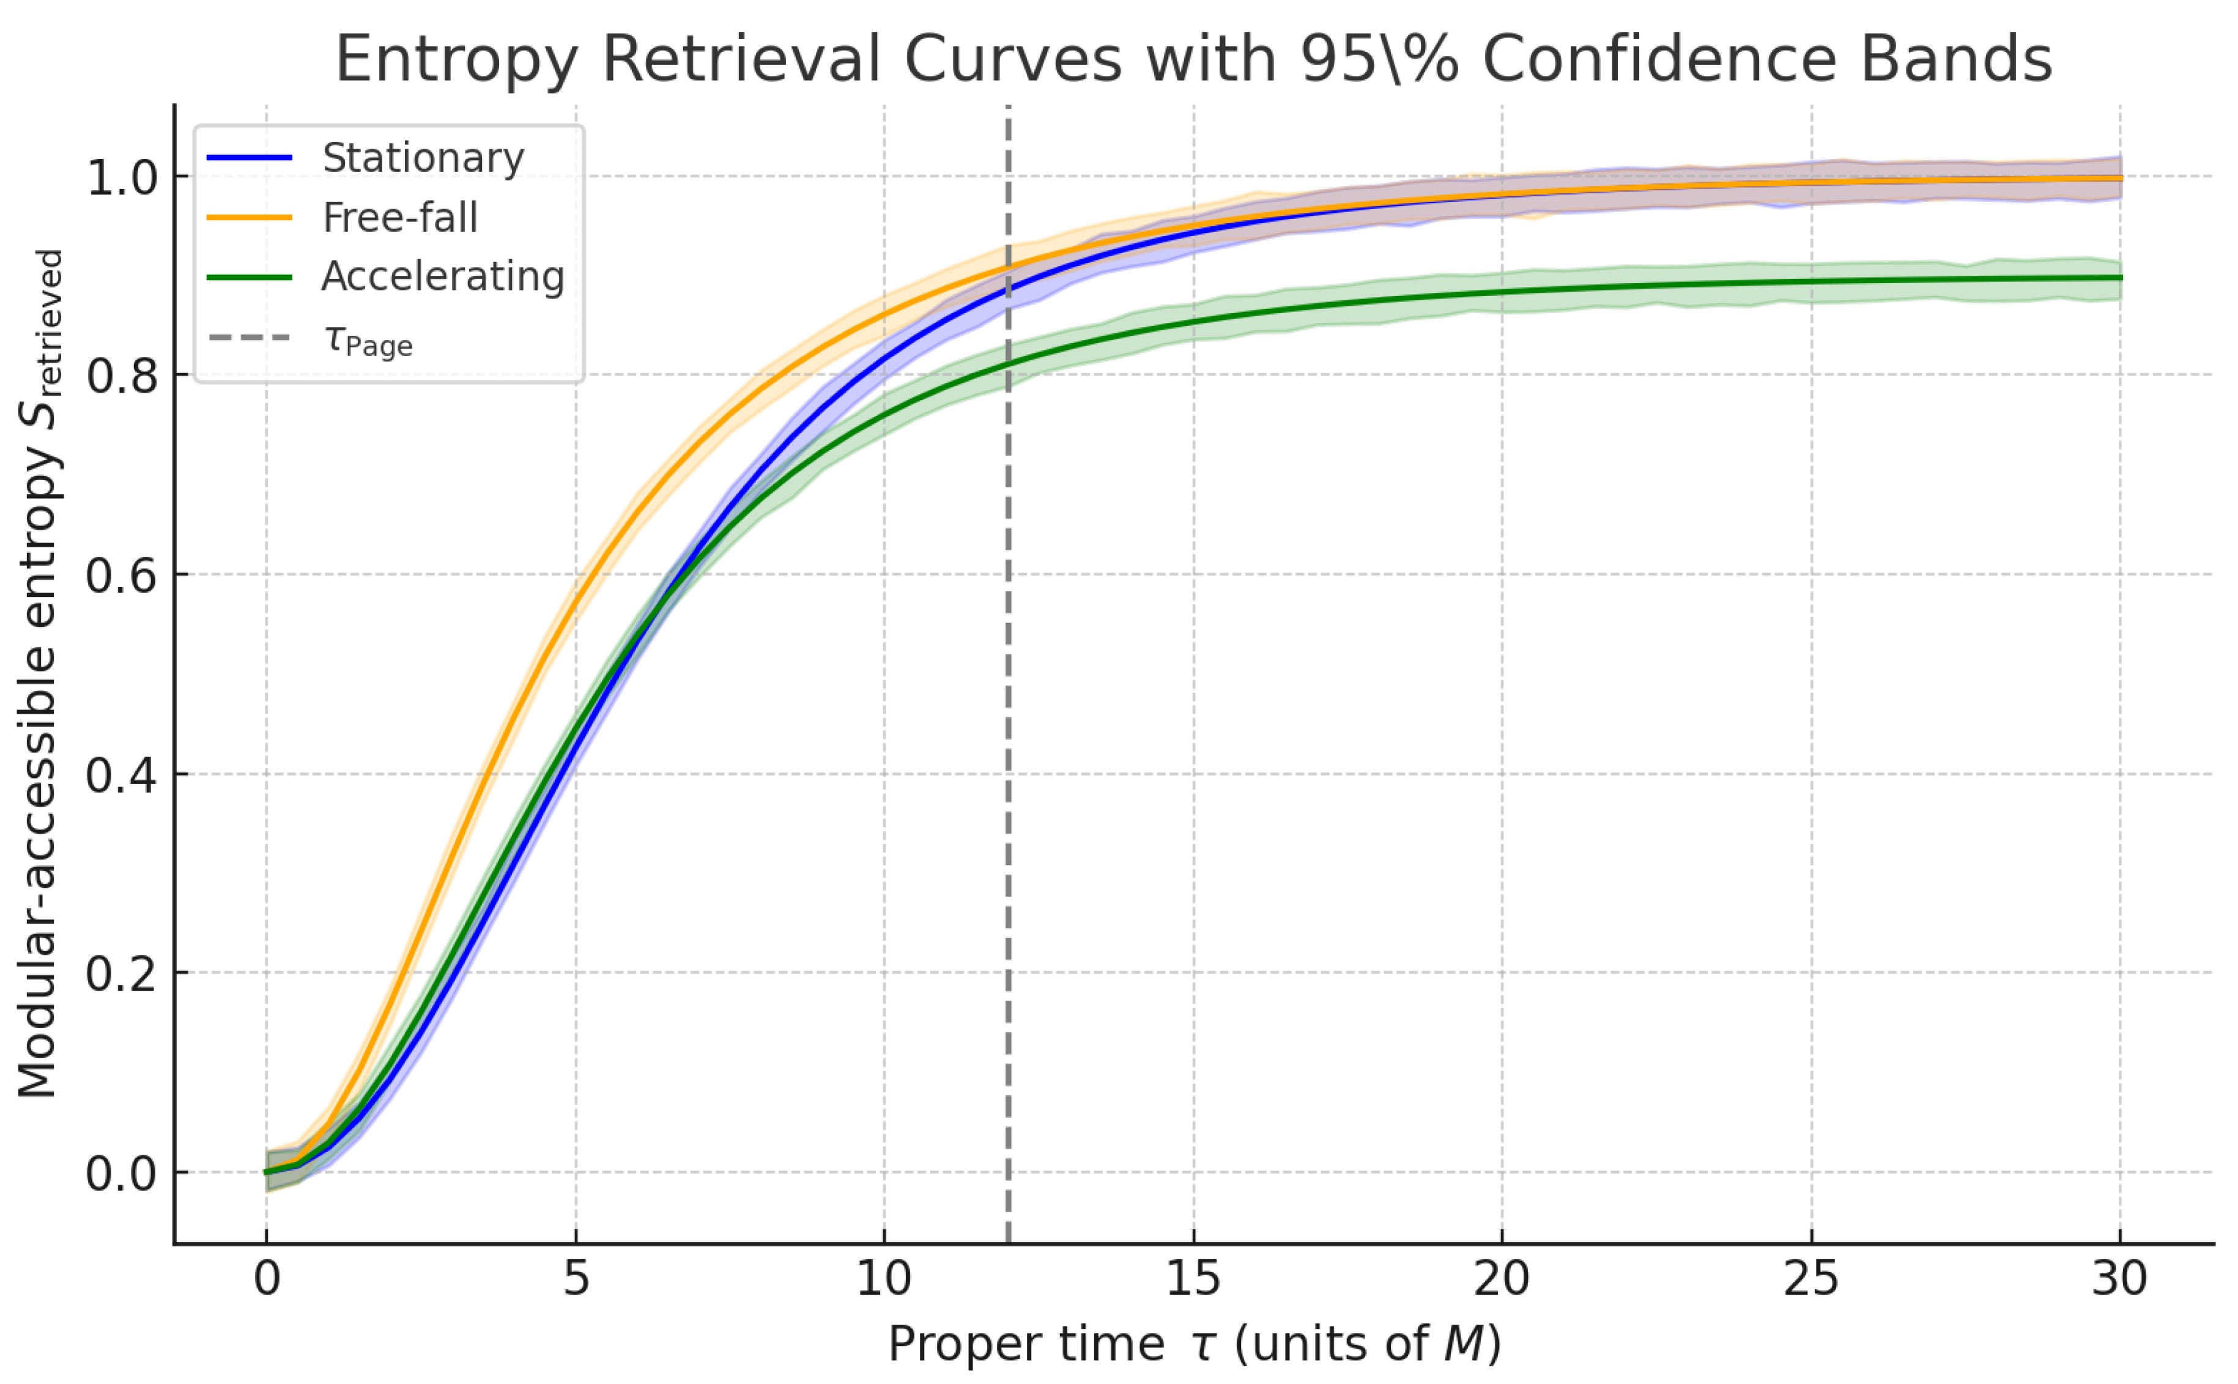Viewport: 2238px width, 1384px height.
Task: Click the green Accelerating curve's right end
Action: click(2119, 277)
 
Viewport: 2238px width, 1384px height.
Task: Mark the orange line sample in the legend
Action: click(249, 218)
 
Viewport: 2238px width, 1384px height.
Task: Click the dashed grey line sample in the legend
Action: click(249, 338)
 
